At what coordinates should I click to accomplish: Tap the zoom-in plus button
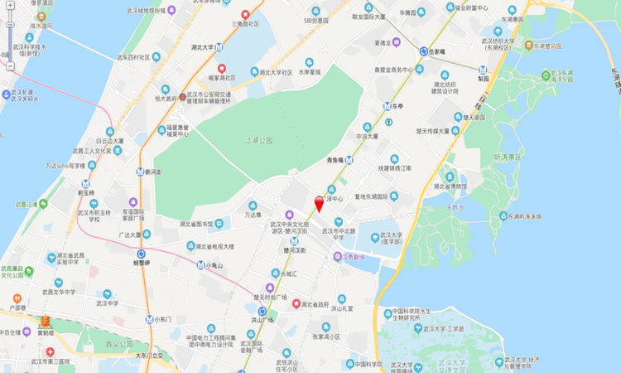coord(9,4)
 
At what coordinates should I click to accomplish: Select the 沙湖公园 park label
coord(259,140)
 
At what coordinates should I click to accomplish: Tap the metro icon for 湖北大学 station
coord(220,47)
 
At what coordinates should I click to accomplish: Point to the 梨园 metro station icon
coord(484,70)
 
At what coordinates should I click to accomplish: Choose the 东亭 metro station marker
coord(387,106)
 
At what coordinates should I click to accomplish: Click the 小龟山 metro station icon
coord(200,265)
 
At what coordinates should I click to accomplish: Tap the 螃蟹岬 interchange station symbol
coord(140,254)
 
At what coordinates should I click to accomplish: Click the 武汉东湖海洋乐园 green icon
coord(547,75)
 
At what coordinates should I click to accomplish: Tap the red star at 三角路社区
coord(245,14)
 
